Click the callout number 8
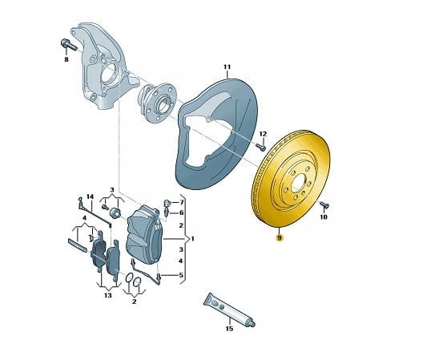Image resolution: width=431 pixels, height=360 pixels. pos(66,59)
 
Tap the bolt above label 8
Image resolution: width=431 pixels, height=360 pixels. pos(69,45)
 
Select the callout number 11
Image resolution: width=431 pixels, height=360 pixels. pos(227,67)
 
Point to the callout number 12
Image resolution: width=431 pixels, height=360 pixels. pos(263,134)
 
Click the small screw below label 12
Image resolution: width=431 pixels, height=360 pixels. pos(261,148)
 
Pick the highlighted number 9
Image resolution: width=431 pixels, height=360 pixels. pos(280,238)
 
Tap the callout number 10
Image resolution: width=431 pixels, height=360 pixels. pos(324,217)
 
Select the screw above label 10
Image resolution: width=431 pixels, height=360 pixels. pos(324,204)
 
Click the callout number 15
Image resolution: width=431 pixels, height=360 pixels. pos(229,329)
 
